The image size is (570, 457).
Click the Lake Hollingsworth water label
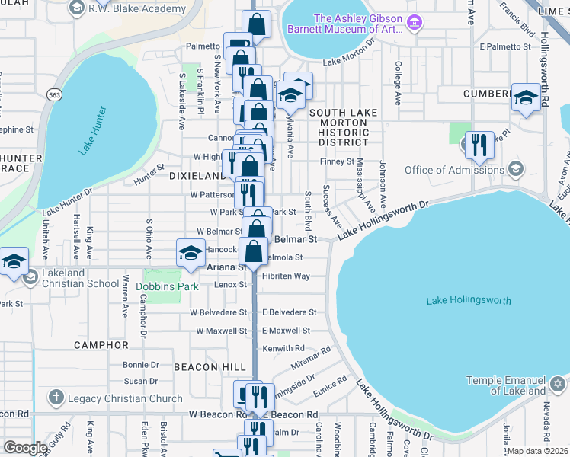469,300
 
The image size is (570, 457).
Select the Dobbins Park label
167,287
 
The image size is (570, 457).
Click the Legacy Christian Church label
124,398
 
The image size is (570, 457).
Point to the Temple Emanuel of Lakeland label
506,385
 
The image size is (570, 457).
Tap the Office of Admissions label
453,169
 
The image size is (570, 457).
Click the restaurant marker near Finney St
479,145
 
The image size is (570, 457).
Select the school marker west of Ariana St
191,253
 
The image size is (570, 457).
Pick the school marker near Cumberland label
526,97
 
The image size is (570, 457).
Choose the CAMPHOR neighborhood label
101,345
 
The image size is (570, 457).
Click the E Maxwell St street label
286,331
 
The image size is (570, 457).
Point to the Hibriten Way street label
286,276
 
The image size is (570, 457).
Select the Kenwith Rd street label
283,348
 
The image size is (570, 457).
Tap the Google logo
25,447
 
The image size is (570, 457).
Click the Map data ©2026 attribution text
537,451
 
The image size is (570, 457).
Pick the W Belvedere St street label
219,312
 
